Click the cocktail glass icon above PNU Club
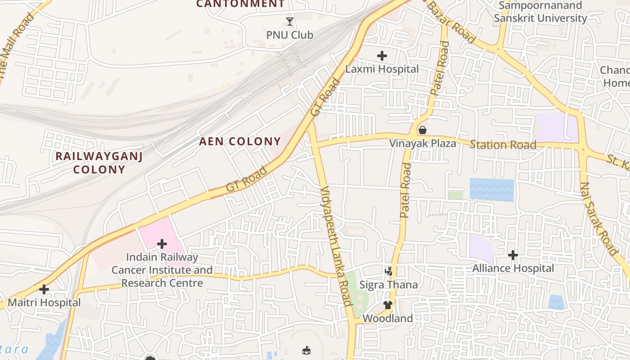coord(290,21)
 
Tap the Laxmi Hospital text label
coord(382,69)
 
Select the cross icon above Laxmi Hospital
coord(382,56)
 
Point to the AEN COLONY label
coord(240,141)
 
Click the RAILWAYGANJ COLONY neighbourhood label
coord(99,163)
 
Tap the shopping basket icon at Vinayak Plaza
coord(423,130)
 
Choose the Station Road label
coord(503,145)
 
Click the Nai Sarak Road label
coord(598,219)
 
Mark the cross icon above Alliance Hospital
coord(513,255)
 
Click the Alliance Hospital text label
coord(513,268)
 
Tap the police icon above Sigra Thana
coord(389,271)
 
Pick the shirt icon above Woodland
coord(388,305)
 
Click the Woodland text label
coord(387,318)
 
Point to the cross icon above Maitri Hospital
coord(44,289)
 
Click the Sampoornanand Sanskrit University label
coord(540,12)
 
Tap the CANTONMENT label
coord(241,4)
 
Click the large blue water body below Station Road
coord(491,189)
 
